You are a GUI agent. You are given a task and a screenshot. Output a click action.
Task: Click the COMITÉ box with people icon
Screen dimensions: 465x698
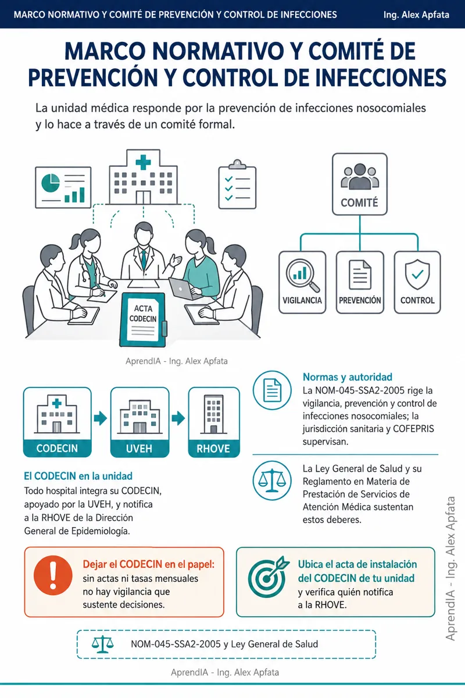pyautogui.click(x=360, y=184)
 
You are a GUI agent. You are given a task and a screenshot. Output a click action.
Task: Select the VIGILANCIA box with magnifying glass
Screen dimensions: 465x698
pyautogui.click(x=302, y=282)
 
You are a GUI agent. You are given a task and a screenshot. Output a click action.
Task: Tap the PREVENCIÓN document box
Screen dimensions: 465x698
pyautogui.click(x=360, y=282)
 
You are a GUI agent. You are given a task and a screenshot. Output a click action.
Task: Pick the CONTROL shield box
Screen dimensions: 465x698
pyautogui.click(x=417, y=282)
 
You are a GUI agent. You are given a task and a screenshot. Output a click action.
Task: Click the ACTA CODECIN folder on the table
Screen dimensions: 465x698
pyautogui.click(x=143, y=320)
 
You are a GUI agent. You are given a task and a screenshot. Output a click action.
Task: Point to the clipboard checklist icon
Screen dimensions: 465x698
pyautogui.click(x=237, y=184)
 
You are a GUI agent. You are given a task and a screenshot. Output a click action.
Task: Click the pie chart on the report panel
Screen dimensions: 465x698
pyautogui.click(x=51, y=183)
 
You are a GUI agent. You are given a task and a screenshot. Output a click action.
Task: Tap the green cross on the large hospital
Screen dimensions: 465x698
pyautogui.click(x=143, y=162)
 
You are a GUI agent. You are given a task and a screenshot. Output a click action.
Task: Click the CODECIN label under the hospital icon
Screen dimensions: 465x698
pyautogui.click(x=57, y=448)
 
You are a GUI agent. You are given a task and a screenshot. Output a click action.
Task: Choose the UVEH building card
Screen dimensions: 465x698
pyautogui.click(x=140, y=422)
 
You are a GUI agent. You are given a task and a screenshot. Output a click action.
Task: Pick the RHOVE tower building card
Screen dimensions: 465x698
pyautogui.click(x=214, y=422)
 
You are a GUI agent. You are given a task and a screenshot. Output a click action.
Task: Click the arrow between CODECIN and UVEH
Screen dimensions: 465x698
pyautogui.click(x=101, y=418)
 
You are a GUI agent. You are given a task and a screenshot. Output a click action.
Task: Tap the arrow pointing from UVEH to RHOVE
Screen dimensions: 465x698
pyautogui.click(x=178, y=418)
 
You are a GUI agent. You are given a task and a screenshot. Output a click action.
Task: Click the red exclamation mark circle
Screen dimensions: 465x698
pyautogui.click(x=53, y=575)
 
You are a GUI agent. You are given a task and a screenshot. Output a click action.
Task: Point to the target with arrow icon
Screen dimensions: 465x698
pyautogui.click(x=268, y=577)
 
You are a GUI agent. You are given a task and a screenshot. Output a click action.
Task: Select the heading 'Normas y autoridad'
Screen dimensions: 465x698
pyautogui.click(x=347, y=377)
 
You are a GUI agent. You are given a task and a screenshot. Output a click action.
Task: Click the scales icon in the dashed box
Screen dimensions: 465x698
pyautogui.click(x=102, y=644)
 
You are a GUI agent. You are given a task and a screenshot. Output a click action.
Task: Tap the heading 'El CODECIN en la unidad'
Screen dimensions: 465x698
pyautogui.click(x=78, y=476)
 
